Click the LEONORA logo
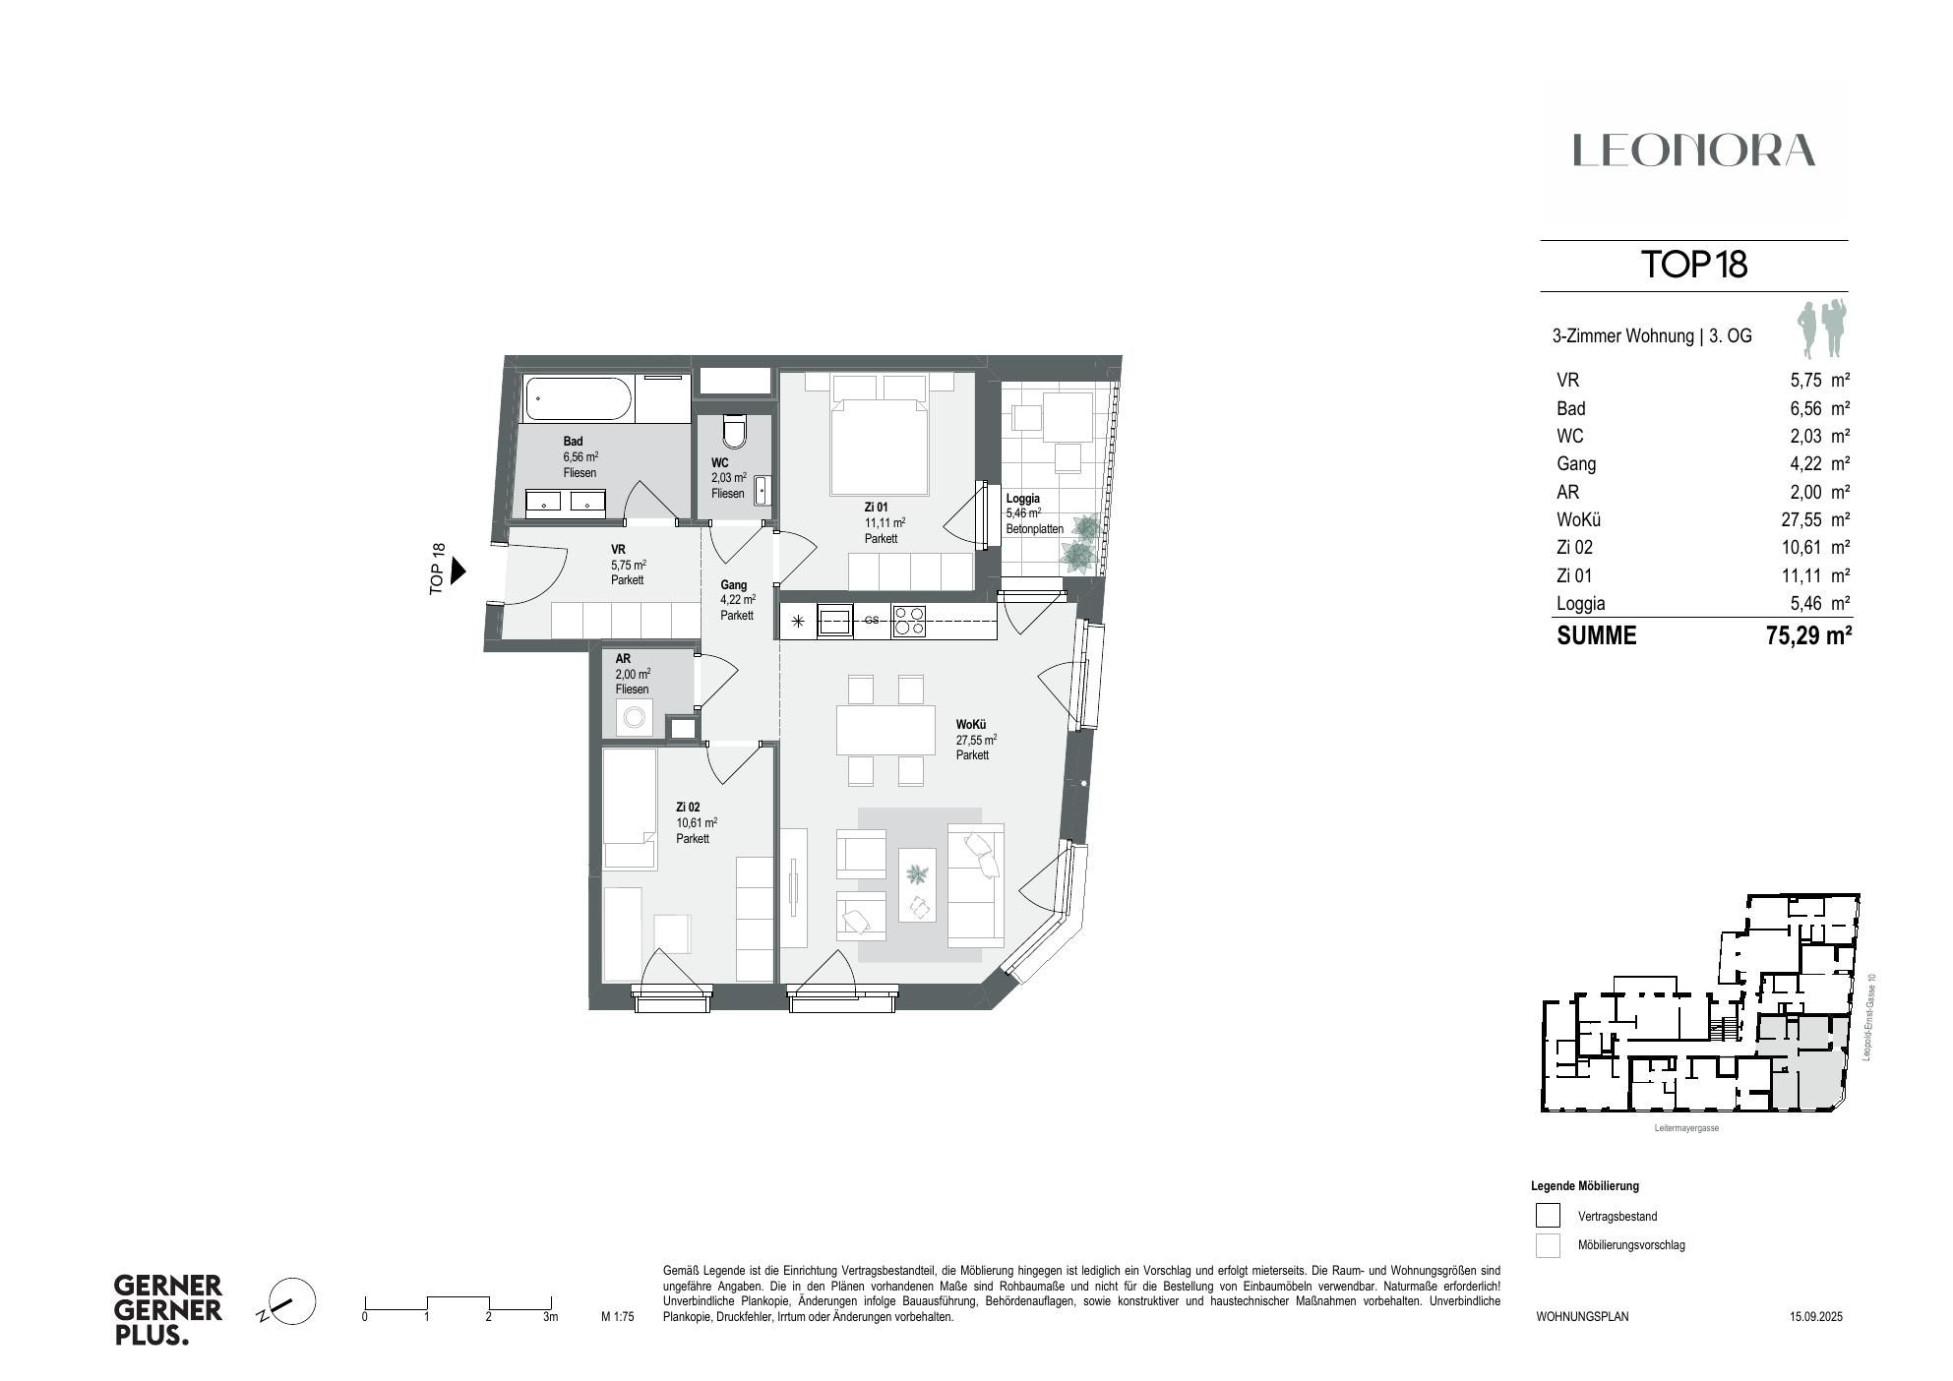(1693, 150)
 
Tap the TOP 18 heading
(1693, 265)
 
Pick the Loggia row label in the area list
(1580, 604)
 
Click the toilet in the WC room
(734, 430)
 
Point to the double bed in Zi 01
(880, 438)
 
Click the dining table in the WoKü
(885, 729)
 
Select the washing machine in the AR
(632, 718)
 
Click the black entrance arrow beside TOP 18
(458, 570)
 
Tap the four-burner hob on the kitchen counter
(908, 621)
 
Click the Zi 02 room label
(688, 807)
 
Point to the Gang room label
(733, 584)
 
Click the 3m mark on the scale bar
(550, 1315)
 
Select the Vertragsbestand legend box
(1548, 1216)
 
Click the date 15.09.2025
(1815, 1316)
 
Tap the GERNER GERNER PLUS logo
(168, 1310)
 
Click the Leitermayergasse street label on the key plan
(1686, 1128)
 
